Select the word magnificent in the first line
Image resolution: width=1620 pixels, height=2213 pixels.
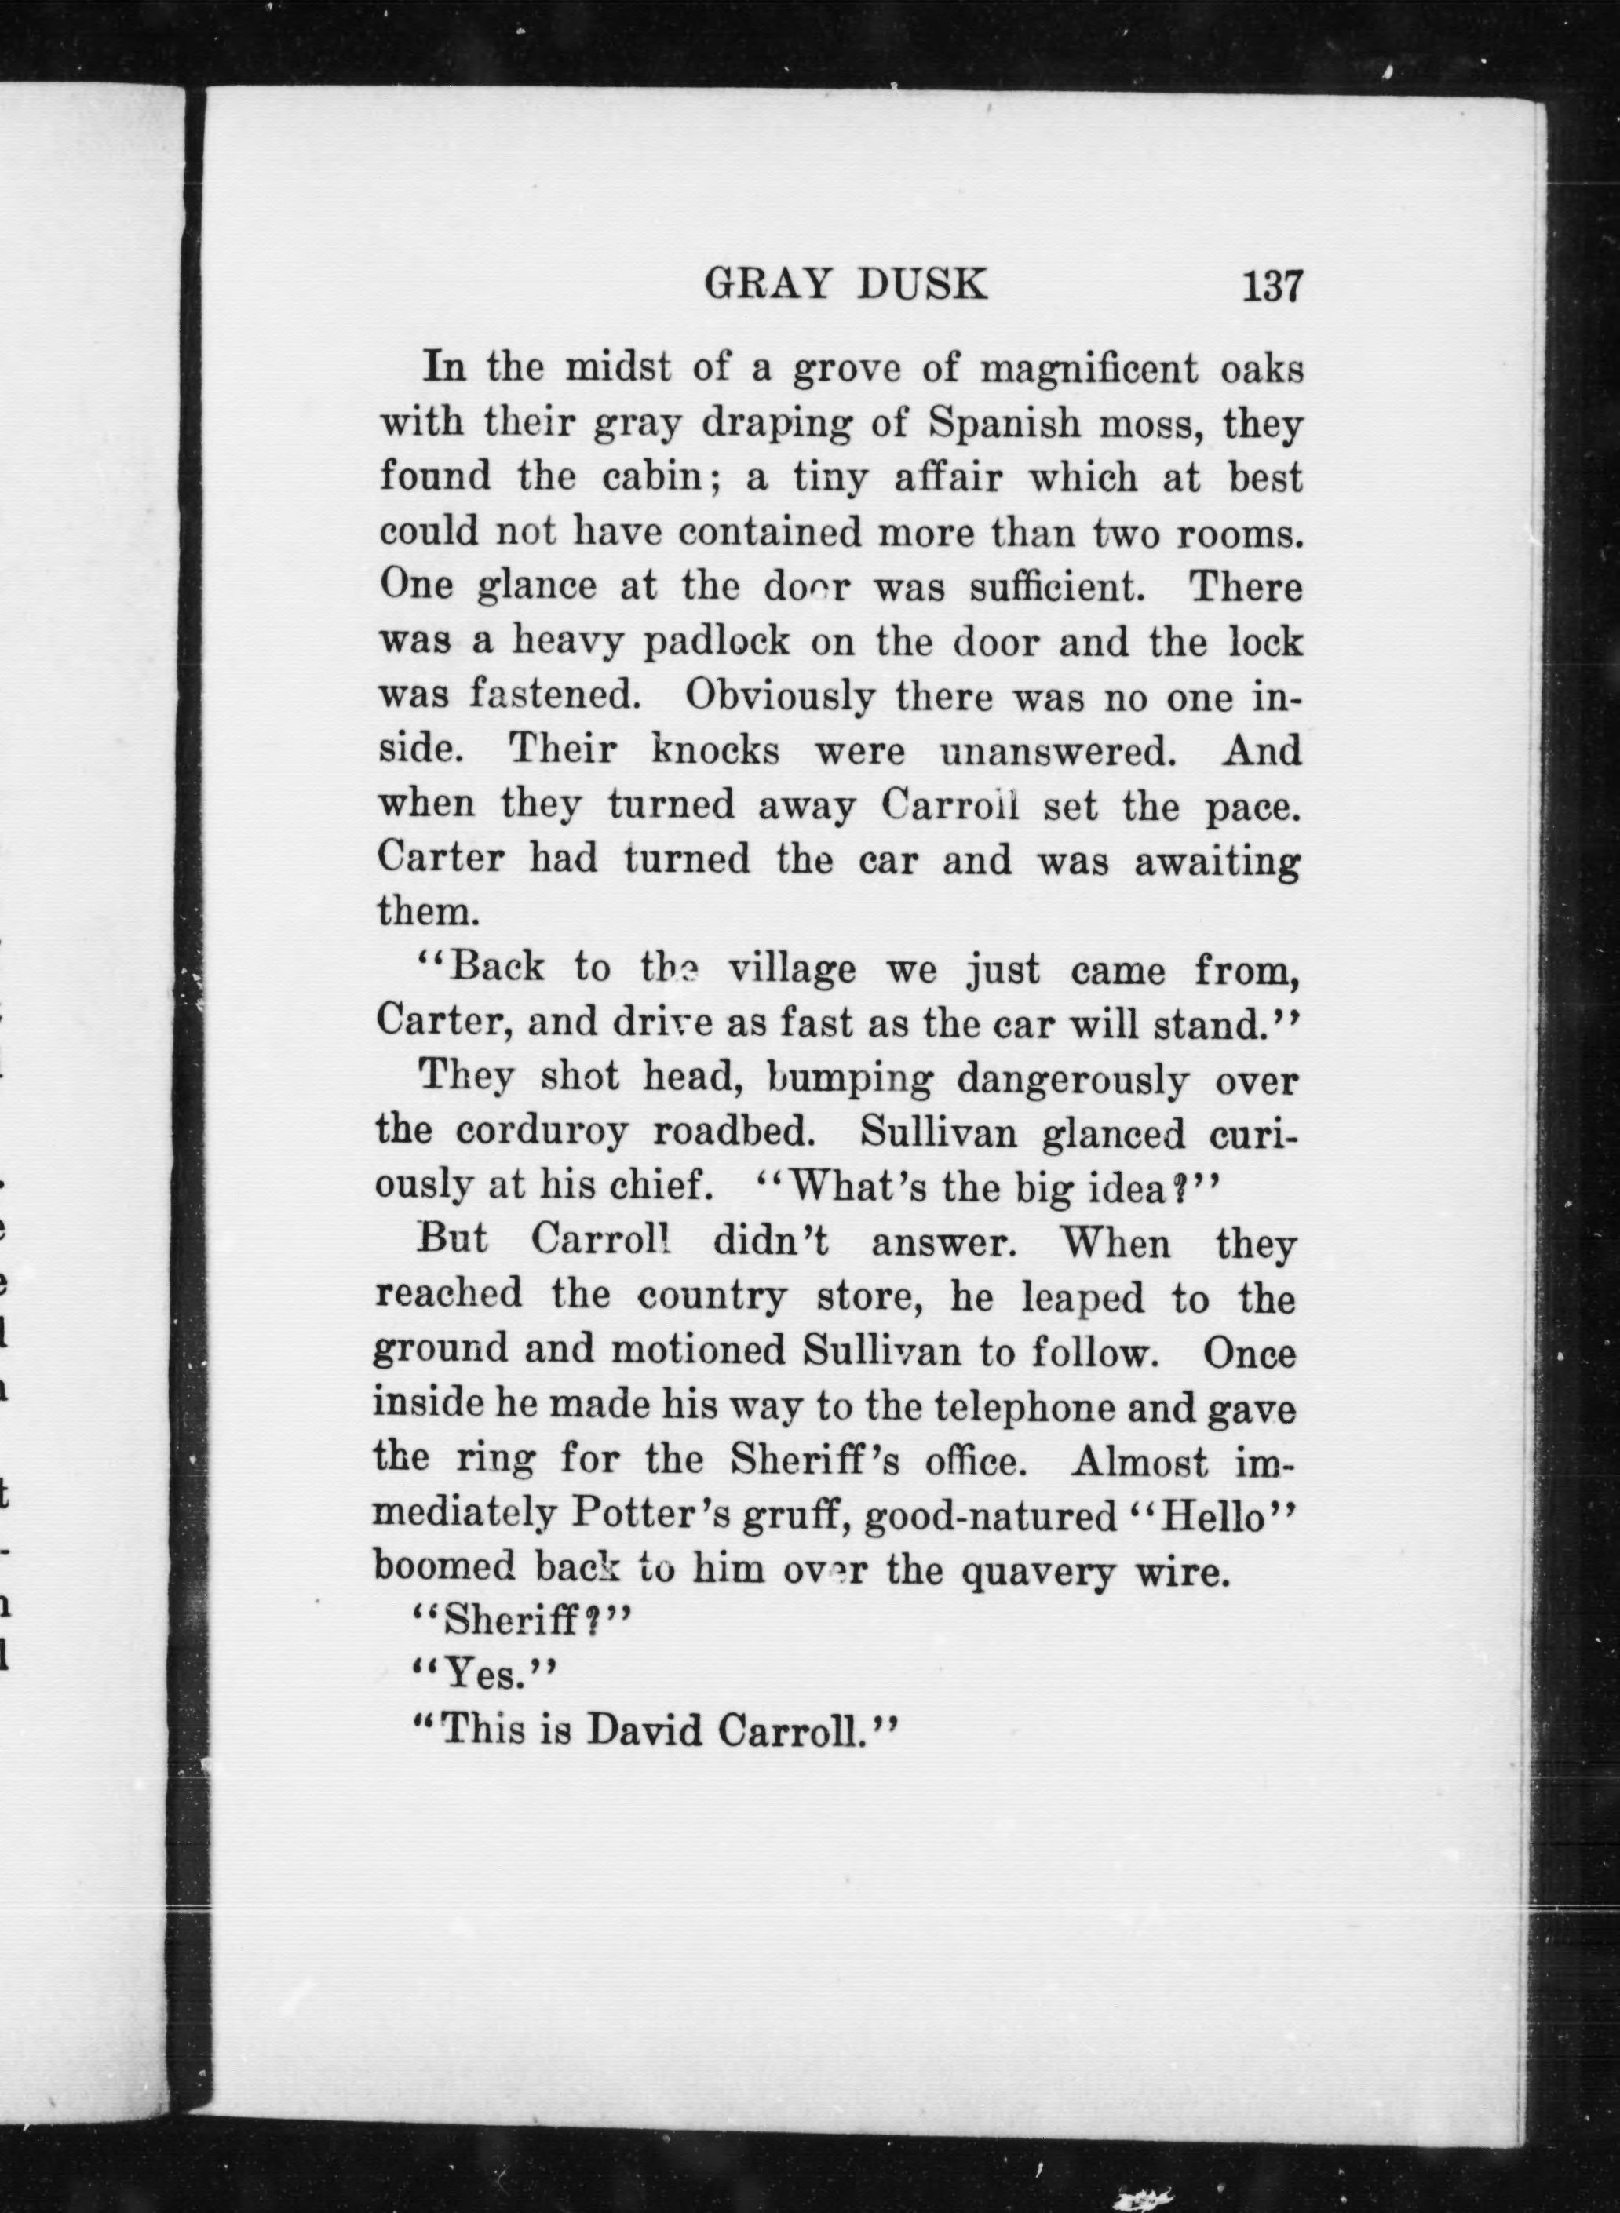pos(1089,370)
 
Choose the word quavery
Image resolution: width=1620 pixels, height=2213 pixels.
pos(1038,1571)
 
